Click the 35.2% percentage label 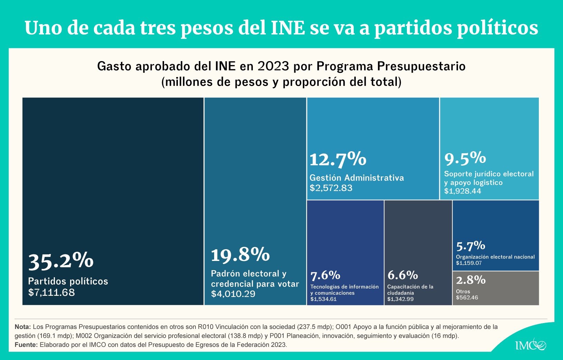(x=61, y=261)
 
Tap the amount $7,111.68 (x=51, y=292)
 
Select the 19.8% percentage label (x=240, y=255)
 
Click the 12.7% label (x=338, y=159)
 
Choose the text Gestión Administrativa (x=356, y=178)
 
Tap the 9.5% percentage (x=465, y=158)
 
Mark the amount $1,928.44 (x=462, y=191)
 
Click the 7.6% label (x=325, y=275)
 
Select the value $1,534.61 (x=323, y=299)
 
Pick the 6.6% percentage (x=403, y=275)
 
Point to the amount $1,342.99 (x=400, y=299)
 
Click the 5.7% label (x=470, y=246)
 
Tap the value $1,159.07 (x=469, y=263)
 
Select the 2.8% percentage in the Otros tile (x=471, y=280)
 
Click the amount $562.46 (x=467, y=298)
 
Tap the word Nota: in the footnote (x=23, y=327)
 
